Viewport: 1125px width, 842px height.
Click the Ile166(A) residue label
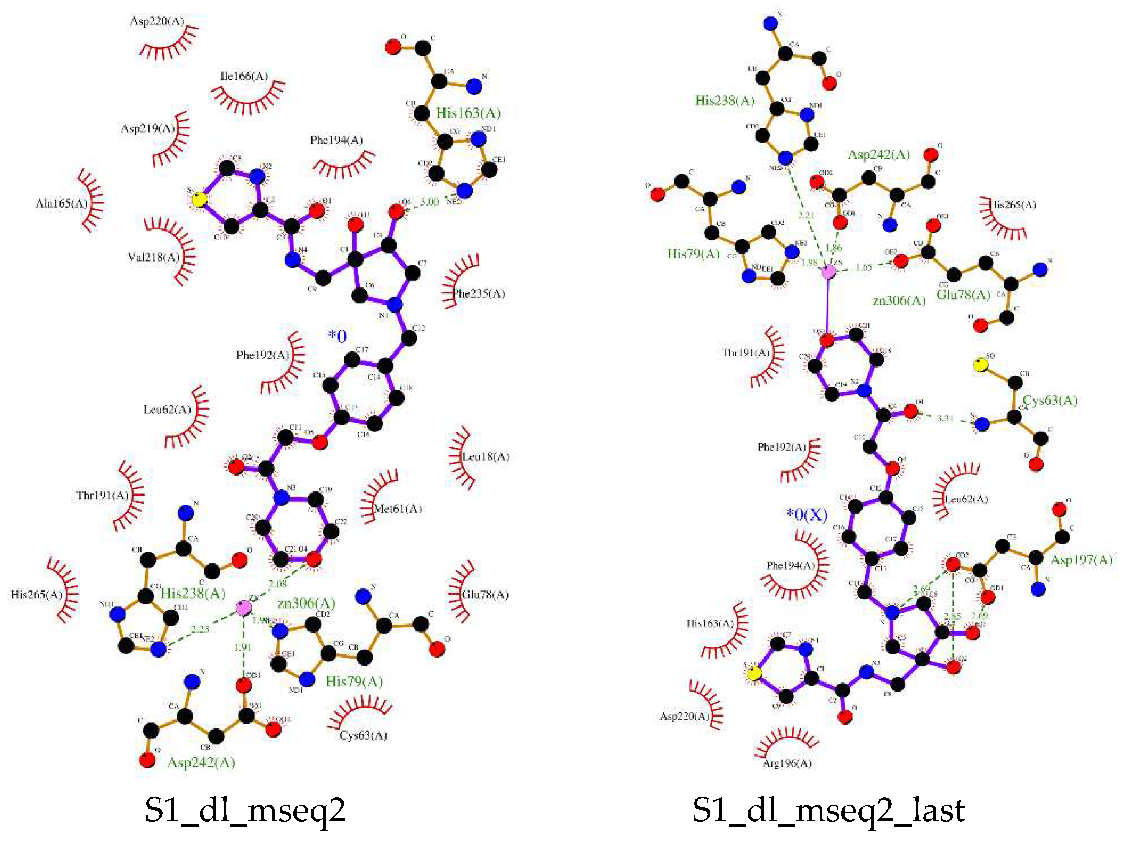[244, 77]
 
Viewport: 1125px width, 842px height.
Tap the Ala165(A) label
[61, 204]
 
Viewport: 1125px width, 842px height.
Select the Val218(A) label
[154, 257]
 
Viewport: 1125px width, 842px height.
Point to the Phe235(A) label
[479, 293]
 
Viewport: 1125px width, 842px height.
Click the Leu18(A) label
[486, 457]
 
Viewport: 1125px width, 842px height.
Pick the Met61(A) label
[398, 509]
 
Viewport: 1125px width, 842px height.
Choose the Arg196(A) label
[787, 763]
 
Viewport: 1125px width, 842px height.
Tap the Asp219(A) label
[148, 128]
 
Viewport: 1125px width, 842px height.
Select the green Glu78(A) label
[963, 295]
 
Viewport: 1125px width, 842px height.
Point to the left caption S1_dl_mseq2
[245, 810]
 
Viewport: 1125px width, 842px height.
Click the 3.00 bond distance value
[429, 202]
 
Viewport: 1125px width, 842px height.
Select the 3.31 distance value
[945, 418]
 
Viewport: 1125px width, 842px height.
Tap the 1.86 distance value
[834, 248]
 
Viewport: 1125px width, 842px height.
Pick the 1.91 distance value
[243, 647]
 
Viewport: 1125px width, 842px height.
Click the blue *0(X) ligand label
[807, 515]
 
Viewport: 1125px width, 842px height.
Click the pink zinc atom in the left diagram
[244, 607]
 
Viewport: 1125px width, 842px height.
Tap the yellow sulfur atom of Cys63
[980, 364]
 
